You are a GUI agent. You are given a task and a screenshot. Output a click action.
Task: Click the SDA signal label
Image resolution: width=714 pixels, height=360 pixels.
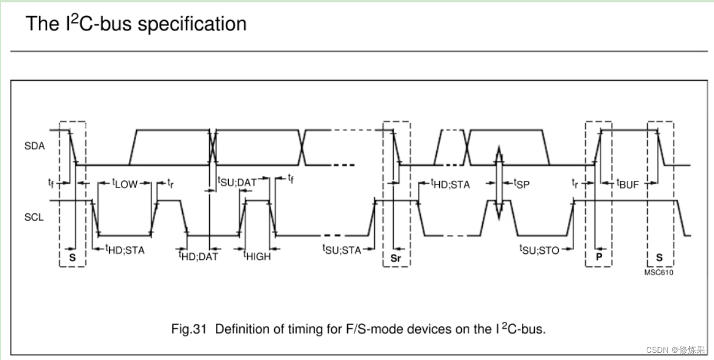pyautogui.click(x=35, y=146)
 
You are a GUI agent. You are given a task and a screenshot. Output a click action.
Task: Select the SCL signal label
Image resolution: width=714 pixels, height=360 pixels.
pyautogui.click(x=35, y=217)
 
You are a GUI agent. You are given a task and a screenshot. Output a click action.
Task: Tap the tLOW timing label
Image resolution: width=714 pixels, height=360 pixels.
pyautogui.click(x=125, y=184)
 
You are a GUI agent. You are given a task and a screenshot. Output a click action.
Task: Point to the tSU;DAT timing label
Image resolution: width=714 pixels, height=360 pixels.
pyautogui.click(x=238, y=182)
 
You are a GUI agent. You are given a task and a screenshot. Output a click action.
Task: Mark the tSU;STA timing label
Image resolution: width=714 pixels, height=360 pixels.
pyautogui.click(x=341, y=249)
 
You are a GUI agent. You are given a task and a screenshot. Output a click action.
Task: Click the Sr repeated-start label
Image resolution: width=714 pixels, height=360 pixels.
pyautogui.click(x=396, y=258)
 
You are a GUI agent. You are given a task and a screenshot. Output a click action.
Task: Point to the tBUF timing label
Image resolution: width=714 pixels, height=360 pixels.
pyautogui.click(x=627, y=184)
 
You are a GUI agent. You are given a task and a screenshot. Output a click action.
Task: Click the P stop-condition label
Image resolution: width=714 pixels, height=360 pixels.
pyautogui.click(x=598, y=258)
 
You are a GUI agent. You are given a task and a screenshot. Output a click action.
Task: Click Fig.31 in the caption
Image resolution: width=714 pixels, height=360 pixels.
pyautogui.click(x=189, y=329)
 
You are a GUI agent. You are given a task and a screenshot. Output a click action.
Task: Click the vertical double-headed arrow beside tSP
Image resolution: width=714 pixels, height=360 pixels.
pyautogui.click(x=499, y=183)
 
